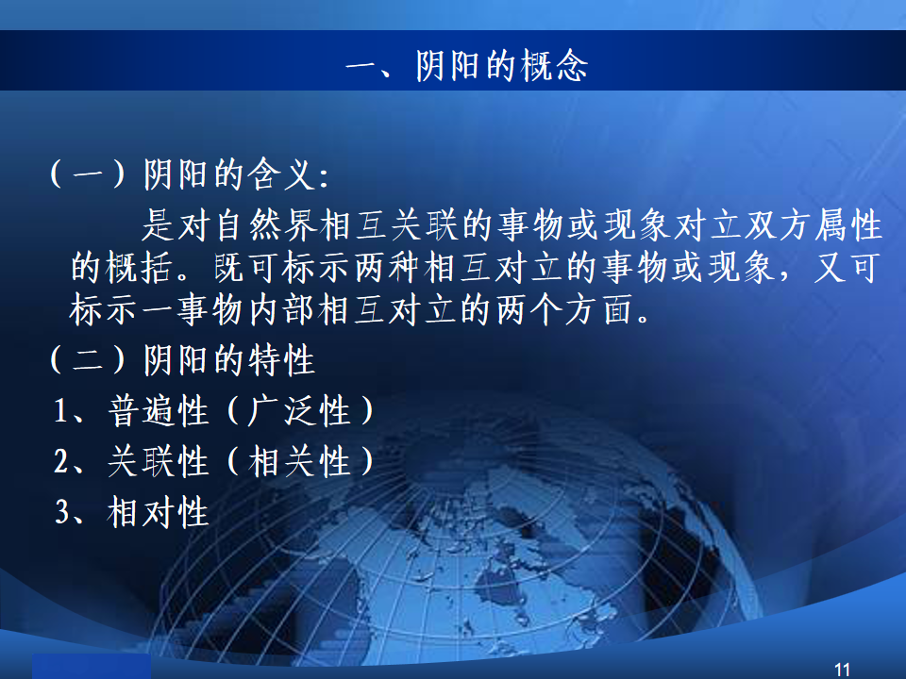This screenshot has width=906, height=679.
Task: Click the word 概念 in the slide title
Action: tap(554, 65)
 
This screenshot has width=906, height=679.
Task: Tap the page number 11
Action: tap(843, 670)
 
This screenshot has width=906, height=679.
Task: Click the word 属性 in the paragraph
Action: tap(848, 224)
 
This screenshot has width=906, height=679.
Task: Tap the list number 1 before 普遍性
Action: tap(61, 411)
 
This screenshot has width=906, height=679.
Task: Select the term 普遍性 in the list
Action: tap(159, 410)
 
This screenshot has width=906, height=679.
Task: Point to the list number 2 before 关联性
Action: tap(62, 462)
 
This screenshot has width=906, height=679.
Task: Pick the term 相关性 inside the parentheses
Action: tap(299, 461)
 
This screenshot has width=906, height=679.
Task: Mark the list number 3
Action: tap(62, 512)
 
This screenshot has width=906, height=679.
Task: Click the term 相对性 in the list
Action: tap(159, 512)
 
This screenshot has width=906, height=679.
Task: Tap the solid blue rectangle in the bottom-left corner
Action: tap(92, 667)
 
